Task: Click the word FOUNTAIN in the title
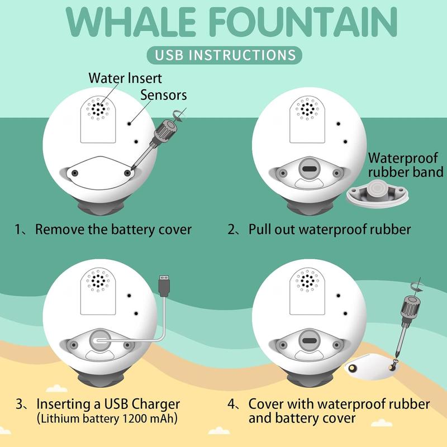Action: tap(302, 22)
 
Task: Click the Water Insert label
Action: tap(125, 78)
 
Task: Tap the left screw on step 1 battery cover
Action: tap(73, 174)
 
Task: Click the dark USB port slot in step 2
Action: tap(308, 169)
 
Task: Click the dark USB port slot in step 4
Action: tap(308, 341)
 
